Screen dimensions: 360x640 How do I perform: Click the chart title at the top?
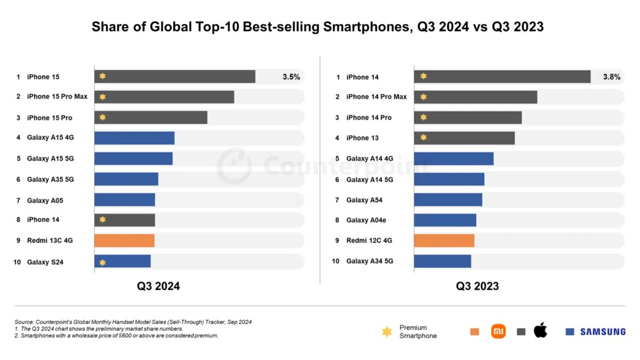click(x=317, y=27)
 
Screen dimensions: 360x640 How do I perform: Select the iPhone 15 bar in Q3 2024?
click(x=174, y=77)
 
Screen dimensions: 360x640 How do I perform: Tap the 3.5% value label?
click(x=291, y=77)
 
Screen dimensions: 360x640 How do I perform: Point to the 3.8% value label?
click(x=611, y=77)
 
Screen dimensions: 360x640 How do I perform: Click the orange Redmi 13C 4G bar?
click(x=124, y=241)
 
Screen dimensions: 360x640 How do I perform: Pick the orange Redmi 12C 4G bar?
click(x=444, y=241)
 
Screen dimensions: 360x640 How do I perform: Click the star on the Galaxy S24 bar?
click(x=102, y=261)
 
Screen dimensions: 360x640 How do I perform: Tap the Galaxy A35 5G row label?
click(x=50, y=179)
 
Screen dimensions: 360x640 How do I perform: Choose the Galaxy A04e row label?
click(x=367, y=220)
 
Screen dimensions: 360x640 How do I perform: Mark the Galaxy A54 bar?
click(x=448, y=200)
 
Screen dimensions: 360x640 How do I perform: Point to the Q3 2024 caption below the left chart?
click(x=158, y=286)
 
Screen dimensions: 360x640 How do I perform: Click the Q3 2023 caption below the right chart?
click(x=477, y=286)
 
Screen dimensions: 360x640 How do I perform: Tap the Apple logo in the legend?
click(x=540, y=330)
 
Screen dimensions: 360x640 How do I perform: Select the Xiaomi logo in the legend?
click(x=499, y=331)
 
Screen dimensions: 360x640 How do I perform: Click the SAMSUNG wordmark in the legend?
click(x=603, y=332)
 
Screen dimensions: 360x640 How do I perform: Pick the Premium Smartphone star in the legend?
click(x=387, y=332)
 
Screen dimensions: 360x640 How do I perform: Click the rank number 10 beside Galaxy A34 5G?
click(x=336, y=261)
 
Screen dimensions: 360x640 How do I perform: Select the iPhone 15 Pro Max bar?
click(x=164, y=97)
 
